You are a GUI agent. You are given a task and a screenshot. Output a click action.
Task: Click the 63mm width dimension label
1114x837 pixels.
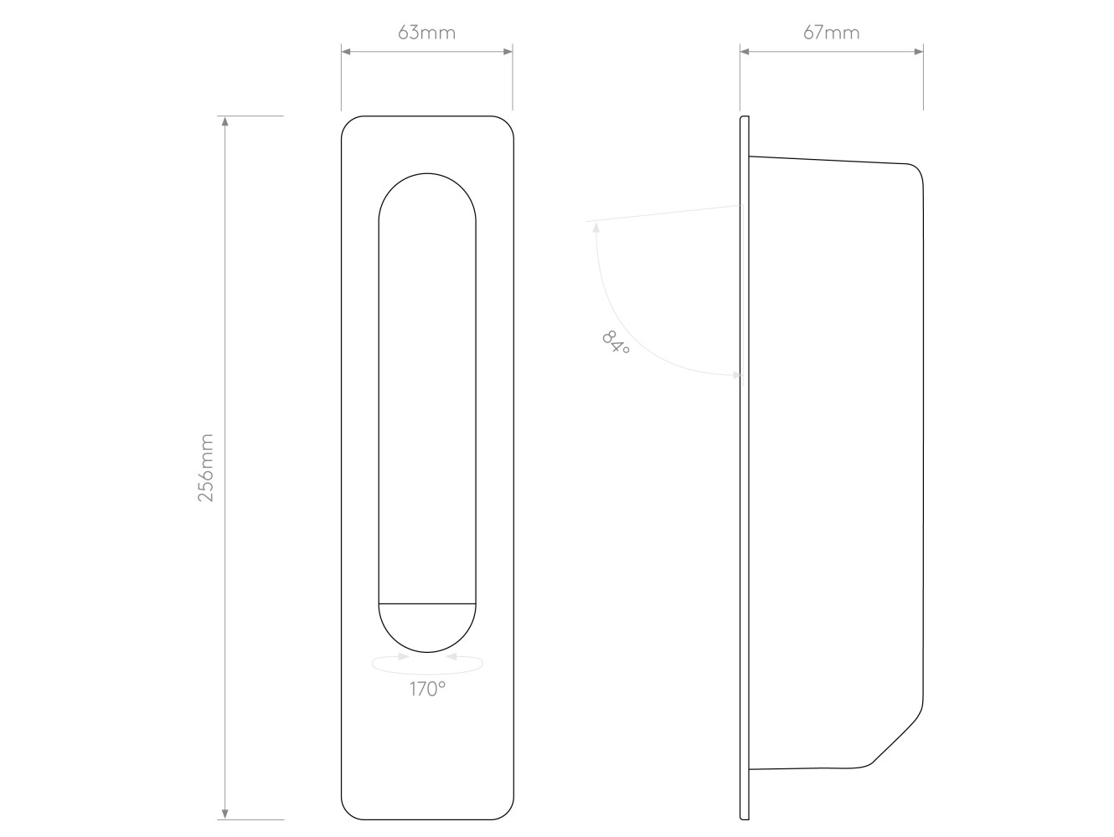pos(426,33)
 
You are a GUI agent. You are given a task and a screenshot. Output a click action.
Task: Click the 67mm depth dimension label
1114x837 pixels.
pos(832,33)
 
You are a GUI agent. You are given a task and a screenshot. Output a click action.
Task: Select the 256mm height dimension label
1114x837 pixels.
pos(205,467)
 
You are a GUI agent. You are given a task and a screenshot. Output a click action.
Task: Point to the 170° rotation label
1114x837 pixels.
pos(427,690)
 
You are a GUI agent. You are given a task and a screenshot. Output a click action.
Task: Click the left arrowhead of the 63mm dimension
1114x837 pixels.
pos(346,51)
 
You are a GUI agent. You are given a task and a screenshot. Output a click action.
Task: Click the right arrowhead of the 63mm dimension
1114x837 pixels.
pos(507,51)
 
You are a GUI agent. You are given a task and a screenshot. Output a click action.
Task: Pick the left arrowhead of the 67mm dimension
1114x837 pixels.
pos(745,51)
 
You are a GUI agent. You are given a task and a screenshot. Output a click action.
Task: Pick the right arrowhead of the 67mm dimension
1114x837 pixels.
pos(918,51)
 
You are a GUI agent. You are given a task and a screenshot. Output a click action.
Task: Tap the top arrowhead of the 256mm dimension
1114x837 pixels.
pos(225,121)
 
